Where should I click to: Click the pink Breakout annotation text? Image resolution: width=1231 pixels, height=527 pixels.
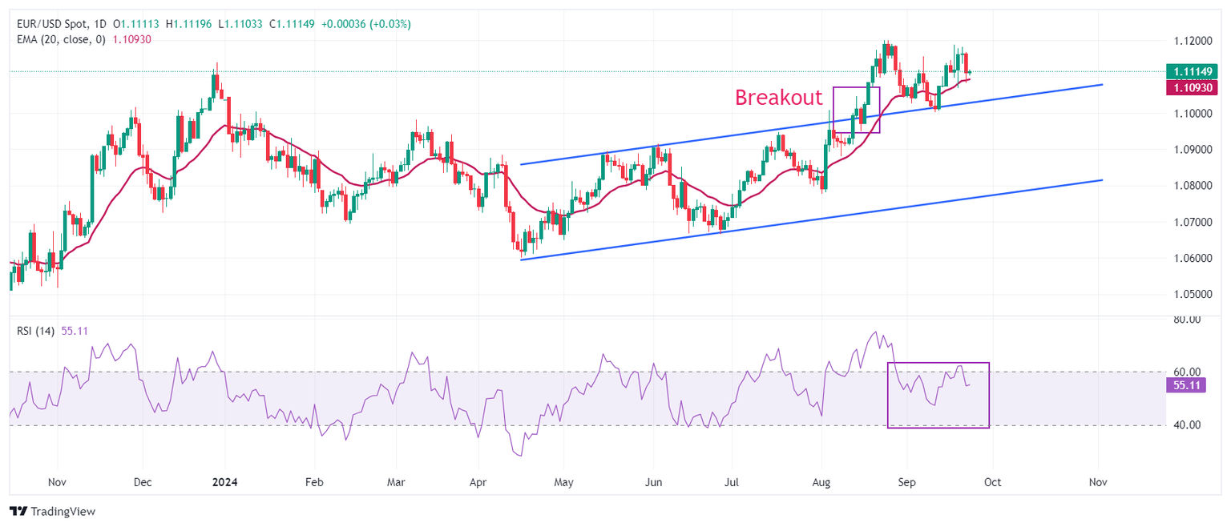[x=779, y=98]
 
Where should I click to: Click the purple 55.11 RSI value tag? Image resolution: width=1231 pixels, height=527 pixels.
[x=1183, y=385]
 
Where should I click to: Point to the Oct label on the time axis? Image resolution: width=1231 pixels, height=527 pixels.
[x=992, y=483]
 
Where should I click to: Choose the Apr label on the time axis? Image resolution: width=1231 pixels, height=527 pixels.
[x=478, y=483]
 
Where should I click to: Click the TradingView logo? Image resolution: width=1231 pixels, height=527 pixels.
[x=52, y=511]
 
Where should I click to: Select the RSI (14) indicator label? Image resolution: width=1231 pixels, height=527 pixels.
[x=36, y=331]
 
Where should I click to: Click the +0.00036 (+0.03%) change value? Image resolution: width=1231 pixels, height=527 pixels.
[x=365, y=24]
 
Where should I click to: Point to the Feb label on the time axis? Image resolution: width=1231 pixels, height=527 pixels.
[x=314, y=483]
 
